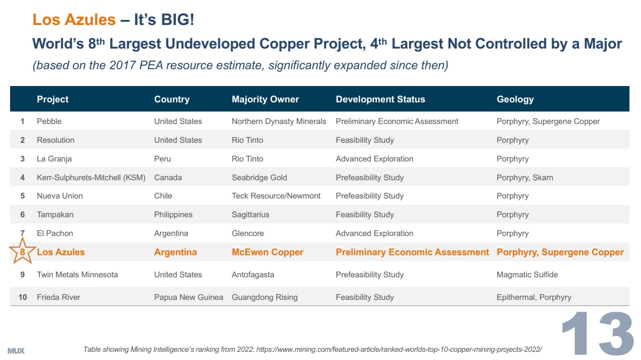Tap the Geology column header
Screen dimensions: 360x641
[515, 99]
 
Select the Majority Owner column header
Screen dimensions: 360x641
[265, 99]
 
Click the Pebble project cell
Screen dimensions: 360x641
[49, 122]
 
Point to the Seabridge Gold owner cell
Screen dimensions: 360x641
[259, 178]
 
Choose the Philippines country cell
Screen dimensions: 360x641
[173, 215]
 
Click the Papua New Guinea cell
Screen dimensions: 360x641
[189, 298]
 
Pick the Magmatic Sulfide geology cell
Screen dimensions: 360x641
[527, 275]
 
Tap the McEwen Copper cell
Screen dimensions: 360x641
[267, 252]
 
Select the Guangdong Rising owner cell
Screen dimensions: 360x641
[264, 298]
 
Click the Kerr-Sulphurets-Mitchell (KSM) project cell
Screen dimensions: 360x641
[91, 178]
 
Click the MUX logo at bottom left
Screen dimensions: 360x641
[16, 351]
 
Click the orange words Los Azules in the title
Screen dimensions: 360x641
[74, 20]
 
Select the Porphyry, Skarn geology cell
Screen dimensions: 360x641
[525, 178]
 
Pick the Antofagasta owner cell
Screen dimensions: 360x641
[253, 275]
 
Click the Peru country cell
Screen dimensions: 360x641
[163, 159]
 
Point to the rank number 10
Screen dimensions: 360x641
[23, 298]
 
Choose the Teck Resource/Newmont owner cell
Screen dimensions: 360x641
[276, 196]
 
